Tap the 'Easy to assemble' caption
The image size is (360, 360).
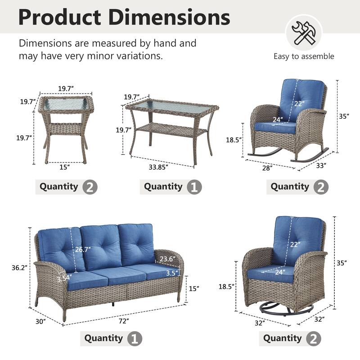pyautogui.click(x=304, y=56)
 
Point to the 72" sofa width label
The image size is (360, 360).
pyautogui.click(x=125, y=321)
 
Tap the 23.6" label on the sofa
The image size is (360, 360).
pyautogui.click(x=166, y=259)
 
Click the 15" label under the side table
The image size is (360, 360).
pyautogui.click(x=64, y=167)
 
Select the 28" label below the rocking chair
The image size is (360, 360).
pyautogui.click(x=268, y=168)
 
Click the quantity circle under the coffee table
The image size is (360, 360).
pyautogui.click(x=194, y=187)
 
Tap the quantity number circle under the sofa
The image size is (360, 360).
pyautogui.click(x=135, y=338)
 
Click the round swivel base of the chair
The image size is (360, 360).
pyautogui.click(x=288, y=309)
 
